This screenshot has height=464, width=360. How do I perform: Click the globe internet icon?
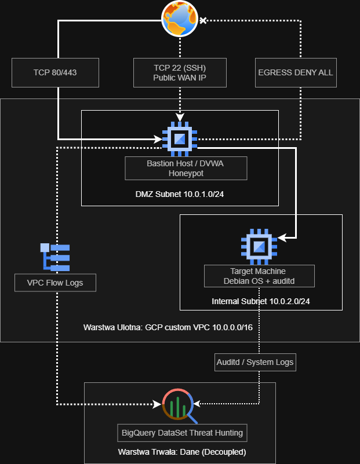pyautogui.click(x=180, y=19)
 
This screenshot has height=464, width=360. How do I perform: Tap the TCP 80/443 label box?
pyautogui.click(x=55, y=73)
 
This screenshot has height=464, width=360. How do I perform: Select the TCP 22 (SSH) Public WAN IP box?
pyautogui.click(x=180, y=73)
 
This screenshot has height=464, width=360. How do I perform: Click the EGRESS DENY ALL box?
pyautogui.click(x=296, y=73)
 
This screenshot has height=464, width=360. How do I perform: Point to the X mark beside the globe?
pyautogui.click(x=203, y=20)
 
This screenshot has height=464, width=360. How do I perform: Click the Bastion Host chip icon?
pyautogui.click(x=180, y=139)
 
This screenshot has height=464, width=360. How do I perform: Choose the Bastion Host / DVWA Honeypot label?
pyautogui.click(x=186, y=169)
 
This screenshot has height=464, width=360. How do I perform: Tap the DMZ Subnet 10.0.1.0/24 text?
pyautogui.click(x=180, y=194)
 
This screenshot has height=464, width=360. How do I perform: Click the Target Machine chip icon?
pyautogui.click(x=259, y=247)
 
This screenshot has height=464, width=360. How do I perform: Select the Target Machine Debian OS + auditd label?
pyautogui.click(x=259, y=276)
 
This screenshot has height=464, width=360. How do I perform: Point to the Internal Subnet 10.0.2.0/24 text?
pyautogui.click(x=261, y=301)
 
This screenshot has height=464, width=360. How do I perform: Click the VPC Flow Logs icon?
pyautogui.click(x=55, y=257)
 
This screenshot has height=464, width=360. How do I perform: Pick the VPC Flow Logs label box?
pyautogui.click(x=55, y=283)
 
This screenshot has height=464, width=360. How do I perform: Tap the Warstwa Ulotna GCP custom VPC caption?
pyautogui.click(x=168, y=328)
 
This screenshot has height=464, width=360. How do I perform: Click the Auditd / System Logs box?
pyautogui.click(x=255, y=362)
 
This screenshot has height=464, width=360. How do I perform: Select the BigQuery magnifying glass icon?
pyautogui.click(x=179, y=405)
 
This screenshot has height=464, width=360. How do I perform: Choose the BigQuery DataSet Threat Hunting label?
pyautogui.click(x=183, y=433)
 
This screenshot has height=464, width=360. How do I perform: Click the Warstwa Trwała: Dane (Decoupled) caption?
pyautogui.click(x=182, y=452)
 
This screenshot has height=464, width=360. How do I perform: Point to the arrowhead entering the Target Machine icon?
pyautogui.click(x=282, y=238)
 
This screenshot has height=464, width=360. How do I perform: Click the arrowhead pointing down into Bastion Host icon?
pyautogui.click(x=180, y=117)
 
